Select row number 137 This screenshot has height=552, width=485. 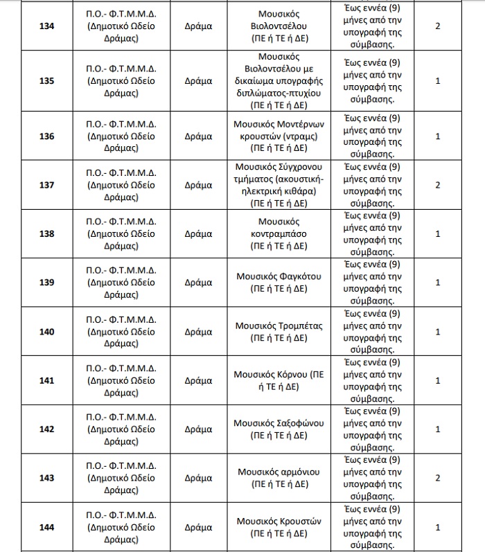click(x=46, y=185)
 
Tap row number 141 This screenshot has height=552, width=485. click(x=46, y=380)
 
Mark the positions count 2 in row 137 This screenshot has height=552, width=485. click(x=437, y=185)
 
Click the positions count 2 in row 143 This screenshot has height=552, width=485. click(x=437, y=478)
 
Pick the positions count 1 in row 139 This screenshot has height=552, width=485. click(x=437, y=283)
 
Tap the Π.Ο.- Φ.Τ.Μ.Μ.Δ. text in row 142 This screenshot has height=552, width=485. click(x=122, y=417)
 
